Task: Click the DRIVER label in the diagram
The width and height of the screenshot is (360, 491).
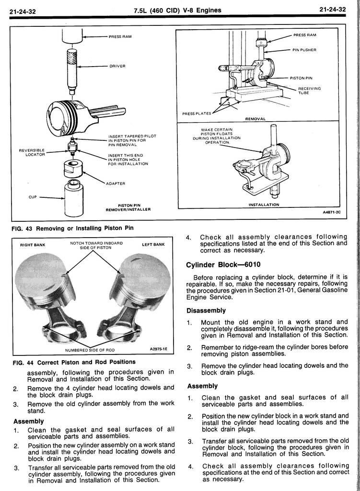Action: pyautogui.click(x=117, y=66)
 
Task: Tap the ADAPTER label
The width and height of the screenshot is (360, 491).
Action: pyautogui.click(x=115, y=183)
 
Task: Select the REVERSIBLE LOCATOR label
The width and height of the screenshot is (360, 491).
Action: pyautogui.click(x=32, y=152)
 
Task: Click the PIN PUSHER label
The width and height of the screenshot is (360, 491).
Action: pyautogui.click(x=304, y=50)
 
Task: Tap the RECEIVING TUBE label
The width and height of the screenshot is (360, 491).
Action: pyautogui.click(x=309, y=91)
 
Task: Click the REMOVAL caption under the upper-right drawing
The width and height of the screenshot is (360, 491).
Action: pyautogui.click(x=255, y=118)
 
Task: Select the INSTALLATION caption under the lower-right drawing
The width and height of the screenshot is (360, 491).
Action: pyautogui.click(x=263, y=205)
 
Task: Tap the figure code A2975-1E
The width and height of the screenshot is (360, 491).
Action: pyautogui.click(x=159, y=350)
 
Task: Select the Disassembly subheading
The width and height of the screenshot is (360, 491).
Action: pyautogui.click(x=206, y=310)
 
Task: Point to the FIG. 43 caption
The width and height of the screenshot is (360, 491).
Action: pyautogui.click(x=72, y=228)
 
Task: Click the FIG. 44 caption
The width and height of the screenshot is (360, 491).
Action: pyautogui.click(x=73, y=362)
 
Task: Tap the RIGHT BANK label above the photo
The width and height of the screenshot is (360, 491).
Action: pyautogui.click(x=33, y=245)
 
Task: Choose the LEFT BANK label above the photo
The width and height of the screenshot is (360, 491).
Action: pyautogui.click(x=153, y=245)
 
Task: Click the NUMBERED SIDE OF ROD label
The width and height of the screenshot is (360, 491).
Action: pyautogui.click(x=90, y=350)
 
